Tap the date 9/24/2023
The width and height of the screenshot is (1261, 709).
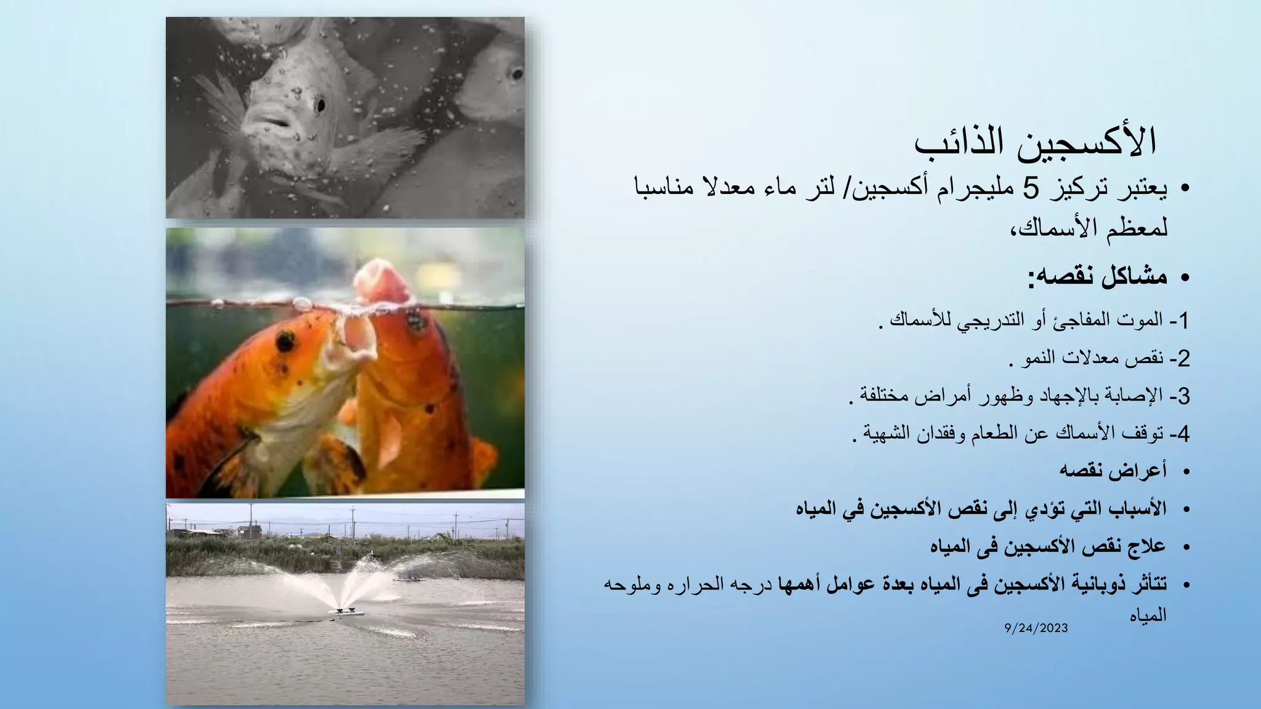click(x=1036, y=628)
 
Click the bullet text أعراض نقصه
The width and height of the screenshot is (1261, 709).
click(x=1113, y=471)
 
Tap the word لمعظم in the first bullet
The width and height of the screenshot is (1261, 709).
click(x=1142, y=228)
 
